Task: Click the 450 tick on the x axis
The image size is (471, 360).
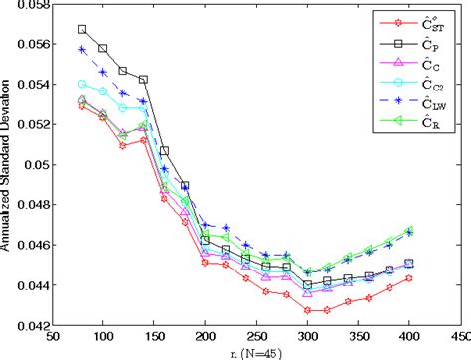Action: coord(460,336)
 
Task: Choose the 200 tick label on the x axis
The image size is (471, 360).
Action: coord(205,336)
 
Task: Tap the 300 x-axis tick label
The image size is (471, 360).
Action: coord(307,336)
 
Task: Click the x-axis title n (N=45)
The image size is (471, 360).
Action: coord(255,351)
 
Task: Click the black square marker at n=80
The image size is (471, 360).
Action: coord(82,29)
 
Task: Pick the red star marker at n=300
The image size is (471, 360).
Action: coord(307,310)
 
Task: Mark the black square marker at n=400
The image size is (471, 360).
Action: coord(409,264)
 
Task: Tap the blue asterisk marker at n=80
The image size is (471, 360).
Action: coord(82,49)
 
